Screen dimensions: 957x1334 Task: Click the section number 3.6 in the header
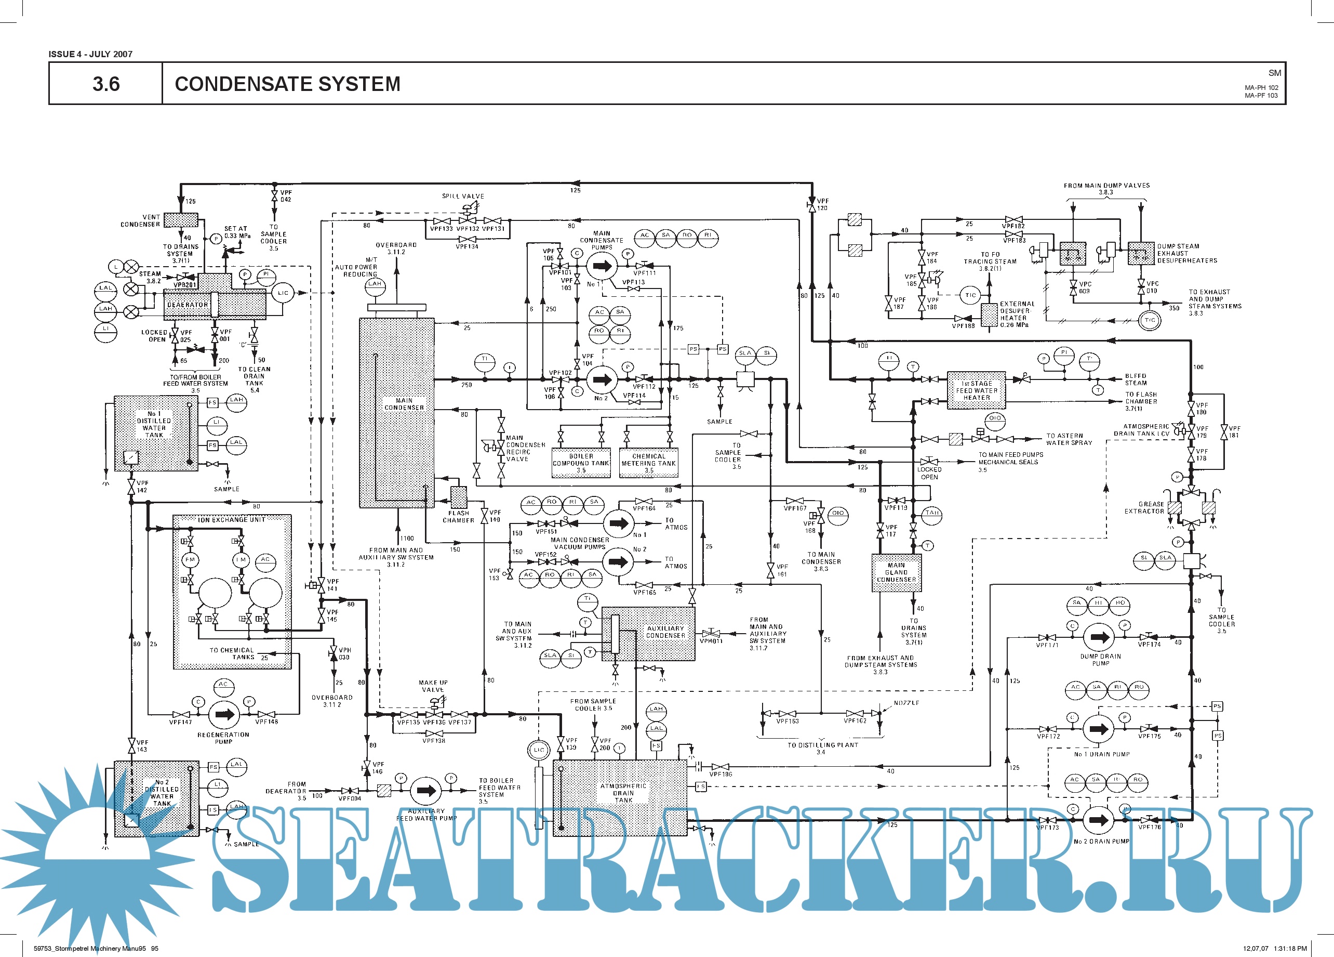point(106,84)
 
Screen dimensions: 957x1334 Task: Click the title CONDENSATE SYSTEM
point(287,84)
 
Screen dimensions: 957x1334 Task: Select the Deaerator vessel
point(214,304)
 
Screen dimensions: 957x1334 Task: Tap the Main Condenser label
point(404,404)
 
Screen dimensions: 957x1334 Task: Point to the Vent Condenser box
point(181,220)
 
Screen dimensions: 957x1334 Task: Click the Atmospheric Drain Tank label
point(623,793)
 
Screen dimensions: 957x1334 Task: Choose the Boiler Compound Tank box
point(581,463)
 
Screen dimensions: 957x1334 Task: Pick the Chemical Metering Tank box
point(648,463)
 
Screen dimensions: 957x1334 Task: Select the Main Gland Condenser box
point(896,573)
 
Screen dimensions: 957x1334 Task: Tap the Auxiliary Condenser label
point(665,632)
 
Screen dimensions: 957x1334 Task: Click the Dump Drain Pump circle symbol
point(1099,637)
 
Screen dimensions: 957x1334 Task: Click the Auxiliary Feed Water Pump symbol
point(426,791)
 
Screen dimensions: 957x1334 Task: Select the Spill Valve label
point(463,196)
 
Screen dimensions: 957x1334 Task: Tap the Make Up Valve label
point(433,686)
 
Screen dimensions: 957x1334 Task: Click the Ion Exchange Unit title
point(231,520)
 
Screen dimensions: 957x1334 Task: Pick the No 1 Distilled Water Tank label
point(154,424)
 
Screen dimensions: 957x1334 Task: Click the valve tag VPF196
point(721,774)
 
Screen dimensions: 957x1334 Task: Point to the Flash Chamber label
point(458,517)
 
